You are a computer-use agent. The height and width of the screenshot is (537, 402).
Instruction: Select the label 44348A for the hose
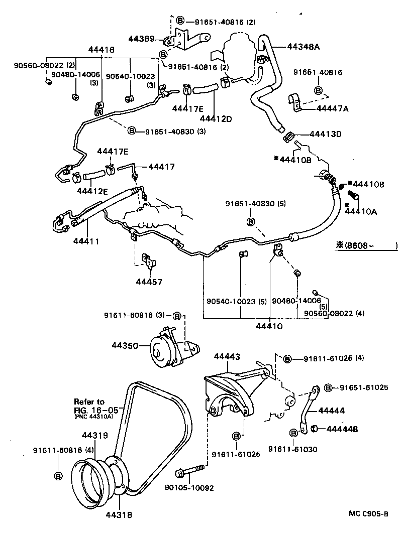[x=304, y=47]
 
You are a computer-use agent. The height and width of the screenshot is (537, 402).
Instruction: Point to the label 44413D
[x=325, y=134]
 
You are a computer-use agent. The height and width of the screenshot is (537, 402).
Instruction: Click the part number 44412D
[x=216, y=118]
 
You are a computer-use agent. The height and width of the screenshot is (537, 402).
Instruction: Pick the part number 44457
[x=149, y=282]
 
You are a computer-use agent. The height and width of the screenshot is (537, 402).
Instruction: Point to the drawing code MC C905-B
[x=369, y=513]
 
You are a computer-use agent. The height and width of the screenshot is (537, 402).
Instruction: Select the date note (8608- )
[x=367, y=245]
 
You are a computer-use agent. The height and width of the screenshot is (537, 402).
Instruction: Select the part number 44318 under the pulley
[x=118, y=513]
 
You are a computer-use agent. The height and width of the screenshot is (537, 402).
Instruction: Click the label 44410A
[x=361, y=211]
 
